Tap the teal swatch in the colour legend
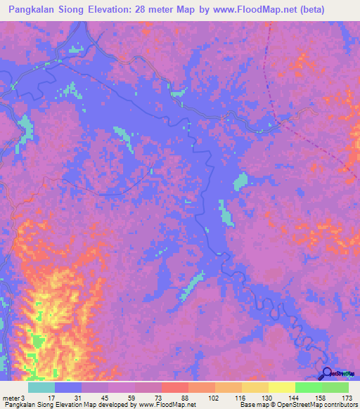(x=41, y=388)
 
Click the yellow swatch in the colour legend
(x=282, y=388)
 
